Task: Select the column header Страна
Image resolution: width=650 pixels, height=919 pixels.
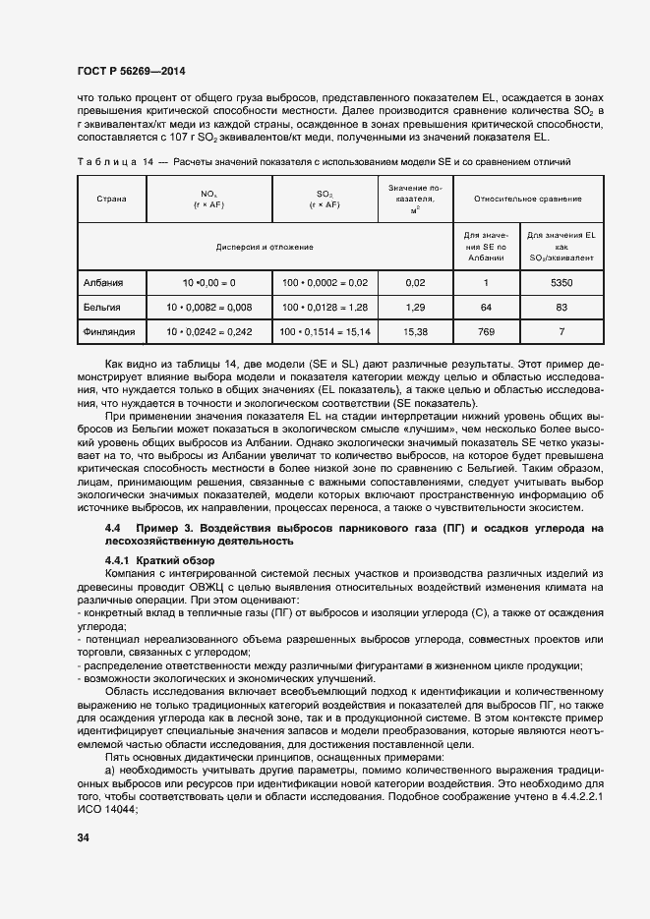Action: coord(112,199)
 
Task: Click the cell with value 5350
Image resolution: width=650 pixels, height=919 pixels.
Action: coord(562,283)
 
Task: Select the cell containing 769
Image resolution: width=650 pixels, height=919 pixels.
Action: coord(485,332)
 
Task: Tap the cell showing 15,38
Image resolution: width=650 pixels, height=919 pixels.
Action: coord(415,332)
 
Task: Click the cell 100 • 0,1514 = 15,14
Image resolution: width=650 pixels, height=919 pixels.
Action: coord(325,332)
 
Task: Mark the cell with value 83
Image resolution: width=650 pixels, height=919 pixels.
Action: coord(562,308)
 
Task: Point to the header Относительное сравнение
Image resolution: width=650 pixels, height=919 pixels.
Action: coord(527,199)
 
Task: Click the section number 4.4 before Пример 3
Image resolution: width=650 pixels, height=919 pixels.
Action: coord(112,529)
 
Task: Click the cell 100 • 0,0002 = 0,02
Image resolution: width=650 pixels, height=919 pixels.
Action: coord(325,283)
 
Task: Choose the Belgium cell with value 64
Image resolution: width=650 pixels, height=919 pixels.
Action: coord(485,308)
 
